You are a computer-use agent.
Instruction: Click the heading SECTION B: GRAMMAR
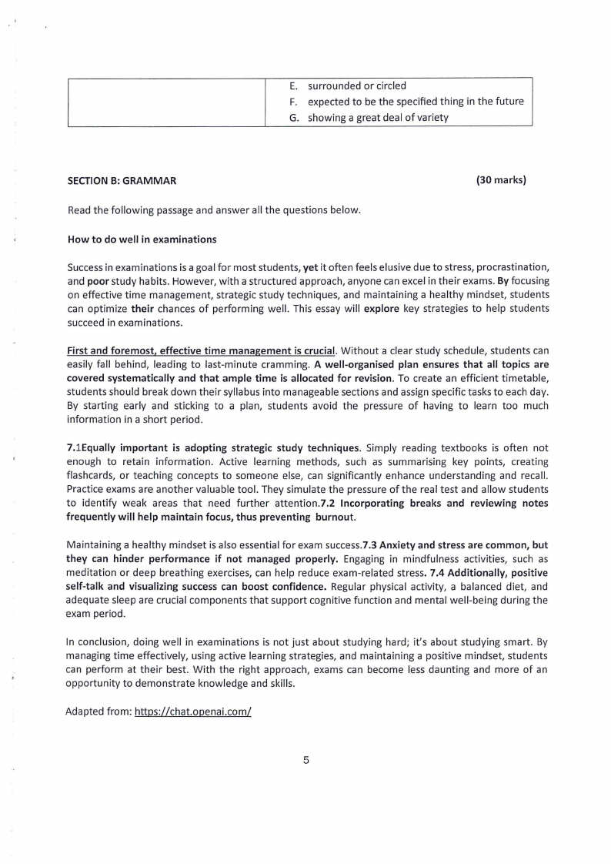[x=122, y=181]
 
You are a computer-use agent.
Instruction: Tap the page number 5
[x=305, y=761]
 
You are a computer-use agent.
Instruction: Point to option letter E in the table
[x=293, y=85]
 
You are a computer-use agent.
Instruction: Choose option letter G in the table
[x=294, y=118]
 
